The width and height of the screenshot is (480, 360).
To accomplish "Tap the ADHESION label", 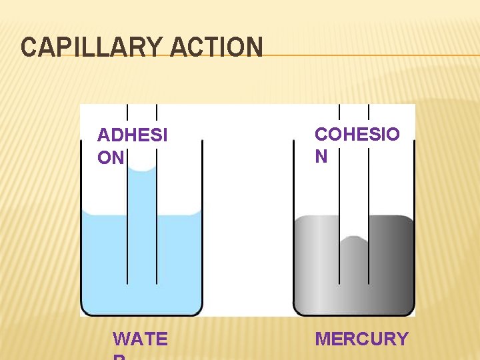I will (x=132, y=146).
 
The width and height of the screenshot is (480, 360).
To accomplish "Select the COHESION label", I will (x=357, y=145).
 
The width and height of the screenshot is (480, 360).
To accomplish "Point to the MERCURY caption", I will (x=361, y=339).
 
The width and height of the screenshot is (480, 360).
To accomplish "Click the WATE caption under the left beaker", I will (x=140, y=339).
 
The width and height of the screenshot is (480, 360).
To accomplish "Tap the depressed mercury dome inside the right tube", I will (x=353, y=241).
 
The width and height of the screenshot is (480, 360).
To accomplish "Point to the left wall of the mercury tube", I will (x=339, y=200).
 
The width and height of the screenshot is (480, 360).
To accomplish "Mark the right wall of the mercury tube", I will (x=369, y=200).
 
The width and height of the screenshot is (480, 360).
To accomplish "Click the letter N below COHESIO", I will (x=321, y=156).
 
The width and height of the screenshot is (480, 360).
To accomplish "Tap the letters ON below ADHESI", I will (x=111, y=157).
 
